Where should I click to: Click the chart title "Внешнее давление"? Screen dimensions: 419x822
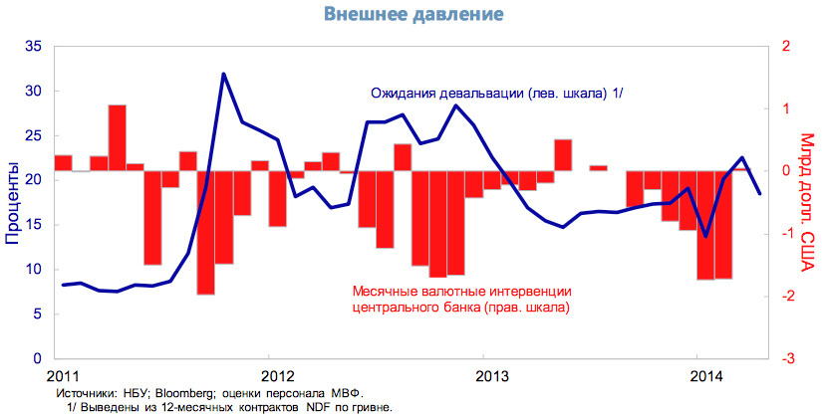(413, 15)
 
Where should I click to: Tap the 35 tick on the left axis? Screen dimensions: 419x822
(33, 47)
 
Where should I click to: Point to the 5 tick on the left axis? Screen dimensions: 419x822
(37, 314)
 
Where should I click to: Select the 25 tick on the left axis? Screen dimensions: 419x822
(33, 135)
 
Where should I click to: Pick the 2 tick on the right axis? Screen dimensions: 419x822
(787, 47)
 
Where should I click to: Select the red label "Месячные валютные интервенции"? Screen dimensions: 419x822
(462, 291)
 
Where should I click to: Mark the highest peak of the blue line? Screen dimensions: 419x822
(223, 74)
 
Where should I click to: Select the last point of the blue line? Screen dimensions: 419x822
(759, 193)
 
